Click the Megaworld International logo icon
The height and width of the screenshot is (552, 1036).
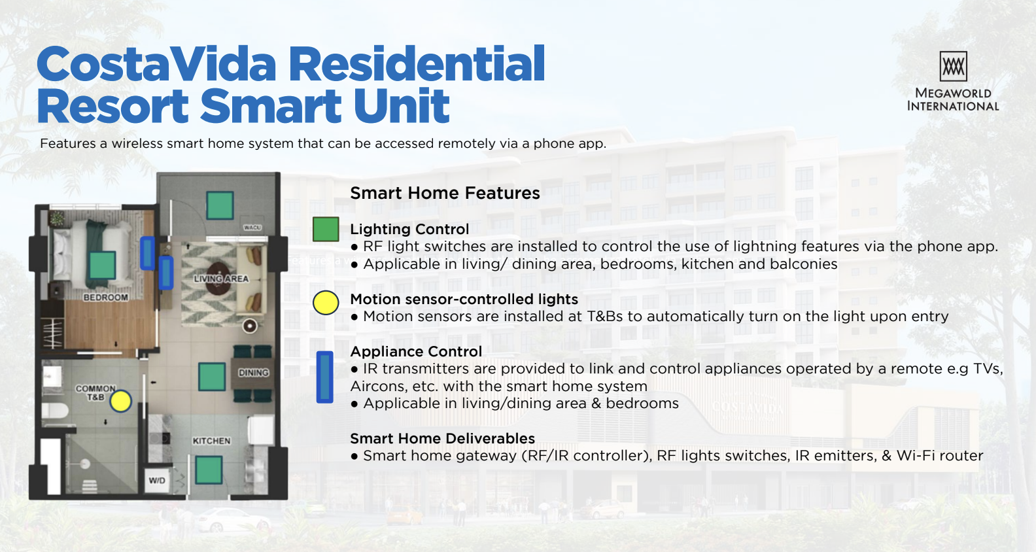point(953,66)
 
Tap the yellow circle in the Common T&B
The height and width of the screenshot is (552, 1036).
point(121,401)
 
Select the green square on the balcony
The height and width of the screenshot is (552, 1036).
point(220,206)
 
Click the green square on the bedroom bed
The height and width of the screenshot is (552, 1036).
point(102,265)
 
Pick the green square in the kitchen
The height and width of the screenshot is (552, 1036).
point(209,470)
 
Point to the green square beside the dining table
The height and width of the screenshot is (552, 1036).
point(212,377)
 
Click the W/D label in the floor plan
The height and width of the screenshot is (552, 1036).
point(157,480)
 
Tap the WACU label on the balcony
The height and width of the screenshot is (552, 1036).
point(252,228)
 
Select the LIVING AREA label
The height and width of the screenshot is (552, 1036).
point(221,279)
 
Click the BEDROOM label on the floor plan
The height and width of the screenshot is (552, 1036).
point(105,298)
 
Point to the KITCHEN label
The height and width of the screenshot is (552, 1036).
point(211,441)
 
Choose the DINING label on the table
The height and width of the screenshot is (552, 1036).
point(254,373)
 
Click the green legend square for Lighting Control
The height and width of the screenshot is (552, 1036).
point(326,230)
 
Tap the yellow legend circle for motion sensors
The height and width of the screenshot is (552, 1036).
point(326,303)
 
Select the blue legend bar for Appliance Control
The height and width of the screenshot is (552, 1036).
point(324,377)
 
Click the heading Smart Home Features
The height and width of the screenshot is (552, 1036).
point(445,193)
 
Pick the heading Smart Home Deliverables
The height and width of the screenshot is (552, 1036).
point(442,438)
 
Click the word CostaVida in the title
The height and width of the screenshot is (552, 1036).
point(157,64)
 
